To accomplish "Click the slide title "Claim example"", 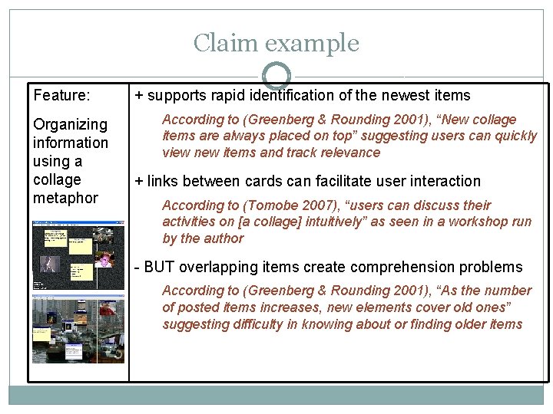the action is [276, 43].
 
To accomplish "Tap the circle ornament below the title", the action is [276, 76].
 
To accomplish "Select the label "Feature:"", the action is [61, 96].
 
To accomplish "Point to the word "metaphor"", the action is [65, 198].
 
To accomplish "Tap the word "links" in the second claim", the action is [164, 182].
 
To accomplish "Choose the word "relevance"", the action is [349, 153].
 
